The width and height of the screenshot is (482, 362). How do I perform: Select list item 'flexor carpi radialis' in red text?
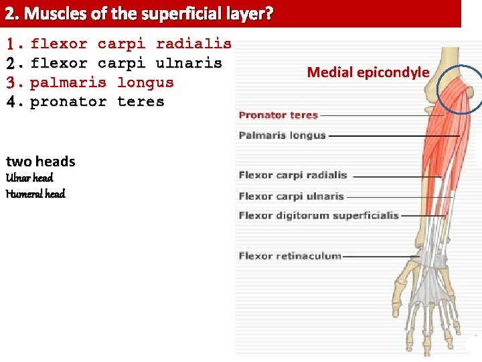point(131,44)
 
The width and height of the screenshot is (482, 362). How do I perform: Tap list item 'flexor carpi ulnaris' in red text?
point(126,64)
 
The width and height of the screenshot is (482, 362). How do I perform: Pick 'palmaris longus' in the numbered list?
point(102,83)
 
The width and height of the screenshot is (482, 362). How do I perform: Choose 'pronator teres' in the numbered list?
point(97,102)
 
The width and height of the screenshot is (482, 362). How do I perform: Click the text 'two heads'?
point(40,162)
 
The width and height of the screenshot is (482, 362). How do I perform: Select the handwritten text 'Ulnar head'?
point(29,178)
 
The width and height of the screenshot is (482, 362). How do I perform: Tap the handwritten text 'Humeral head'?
point(35,194)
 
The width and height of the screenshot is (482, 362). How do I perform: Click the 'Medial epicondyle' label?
point(368,72)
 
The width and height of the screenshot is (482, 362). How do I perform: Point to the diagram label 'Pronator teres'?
point(278,115)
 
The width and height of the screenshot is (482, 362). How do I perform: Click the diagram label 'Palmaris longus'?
point(282,135)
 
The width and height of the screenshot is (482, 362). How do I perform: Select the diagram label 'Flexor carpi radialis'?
point(293,176)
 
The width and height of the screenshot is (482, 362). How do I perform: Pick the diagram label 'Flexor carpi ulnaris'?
point(291,196)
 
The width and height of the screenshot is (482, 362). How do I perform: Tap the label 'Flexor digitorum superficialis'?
point(319,216)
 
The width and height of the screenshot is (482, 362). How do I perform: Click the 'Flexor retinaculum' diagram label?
point(290,256)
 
